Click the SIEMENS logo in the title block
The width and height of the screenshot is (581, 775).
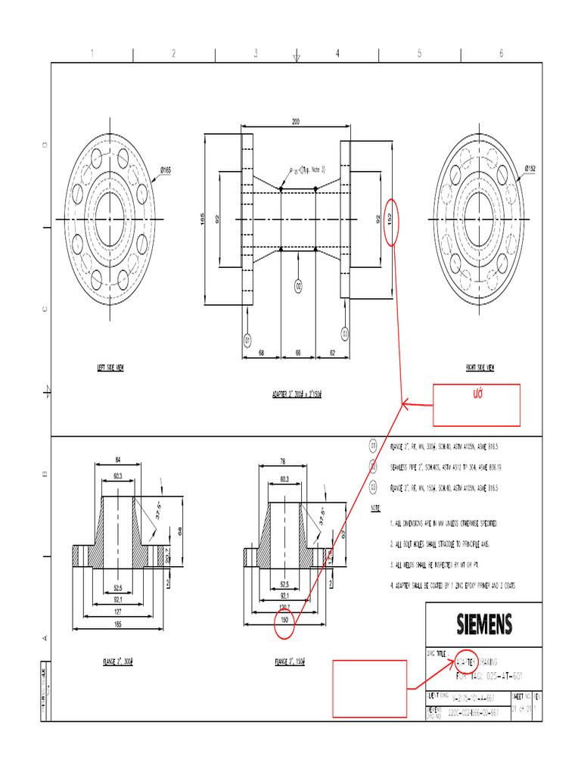[484, 624]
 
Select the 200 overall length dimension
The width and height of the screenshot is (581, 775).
[295, 121]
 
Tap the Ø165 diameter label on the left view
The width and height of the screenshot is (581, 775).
[165, 170]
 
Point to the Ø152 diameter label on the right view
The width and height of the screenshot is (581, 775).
[530, 169]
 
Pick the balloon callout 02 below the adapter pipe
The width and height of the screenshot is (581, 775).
[299, 286]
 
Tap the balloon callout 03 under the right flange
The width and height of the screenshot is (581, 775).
[345, 332]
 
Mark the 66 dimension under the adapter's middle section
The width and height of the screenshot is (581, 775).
[298, 353]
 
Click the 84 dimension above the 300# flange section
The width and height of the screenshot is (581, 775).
[118, 459]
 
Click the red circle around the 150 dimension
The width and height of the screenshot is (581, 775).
[285, 620]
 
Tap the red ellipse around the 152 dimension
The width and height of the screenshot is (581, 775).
[390, 222]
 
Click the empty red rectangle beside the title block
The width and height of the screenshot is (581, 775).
[370, 688]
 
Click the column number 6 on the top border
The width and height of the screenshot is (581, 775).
[501, 53]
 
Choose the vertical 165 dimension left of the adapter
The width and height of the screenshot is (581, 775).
[202, 219]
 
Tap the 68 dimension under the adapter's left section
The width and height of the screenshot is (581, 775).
[261, 353]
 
